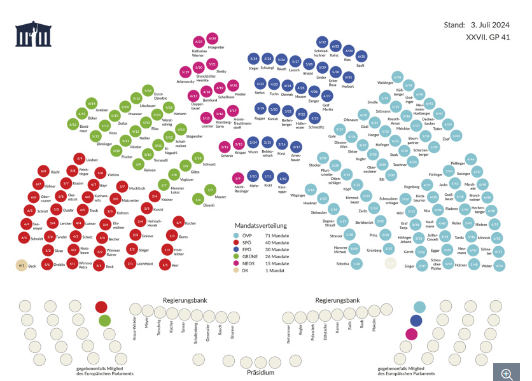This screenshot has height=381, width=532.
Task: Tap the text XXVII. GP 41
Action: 487,38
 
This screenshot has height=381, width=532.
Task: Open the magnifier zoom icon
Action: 507,374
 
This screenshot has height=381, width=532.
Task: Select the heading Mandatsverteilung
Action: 261,225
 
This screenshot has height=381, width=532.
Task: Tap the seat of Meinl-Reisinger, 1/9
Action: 238,178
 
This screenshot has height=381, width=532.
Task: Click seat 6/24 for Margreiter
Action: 213,39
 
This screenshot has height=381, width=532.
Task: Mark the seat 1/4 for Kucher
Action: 179,222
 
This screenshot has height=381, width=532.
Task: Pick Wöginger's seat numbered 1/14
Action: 311,190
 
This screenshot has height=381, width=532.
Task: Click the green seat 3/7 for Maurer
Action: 211,190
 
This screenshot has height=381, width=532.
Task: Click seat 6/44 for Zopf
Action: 456,135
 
